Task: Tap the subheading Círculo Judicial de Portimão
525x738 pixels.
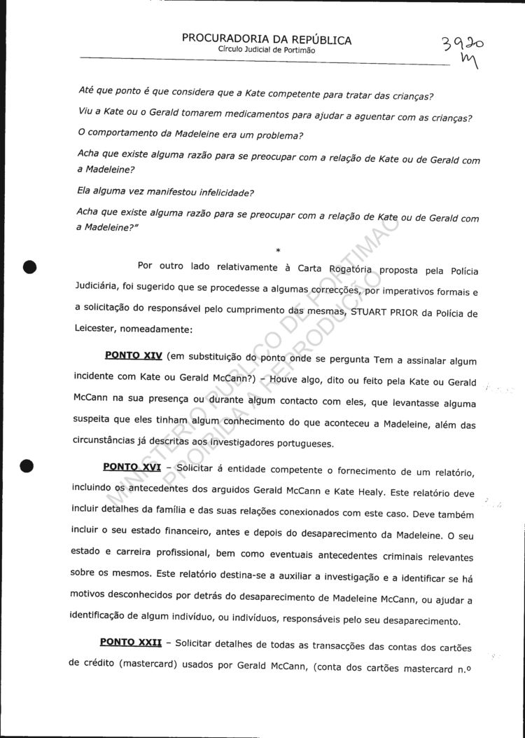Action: [x=267, y=50]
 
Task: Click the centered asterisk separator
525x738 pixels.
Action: [x=278, y=250]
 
